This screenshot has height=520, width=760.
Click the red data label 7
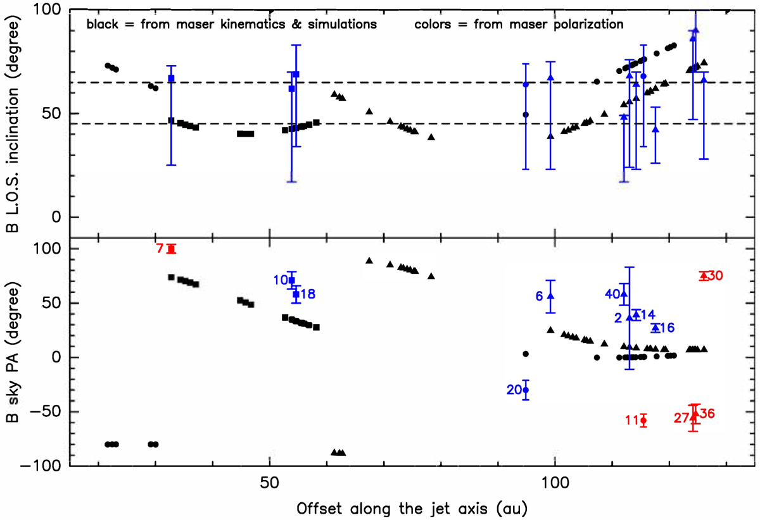pos(160,249)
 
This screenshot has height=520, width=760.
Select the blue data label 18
pos(308,294)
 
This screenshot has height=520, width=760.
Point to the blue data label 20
pos(513,390)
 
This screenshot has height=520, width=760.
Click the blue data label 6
pos(540,295)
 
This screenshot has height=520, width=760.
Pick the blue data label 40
pos(612,294)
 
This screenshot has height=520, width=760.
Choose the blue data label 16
pos(668,328)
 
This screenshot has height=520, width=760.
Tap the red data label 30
pos(716,276)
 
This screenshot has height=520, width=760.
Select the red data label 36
pos(707,414)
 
